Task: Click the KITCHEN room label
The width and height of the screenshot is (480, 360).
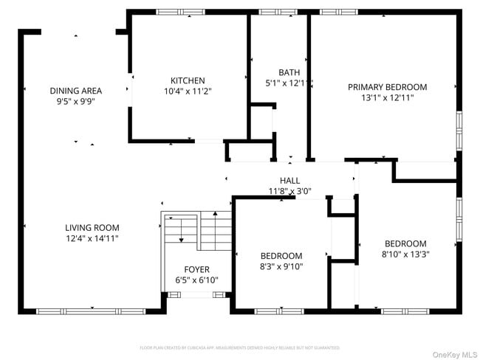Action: [x=188, y=80]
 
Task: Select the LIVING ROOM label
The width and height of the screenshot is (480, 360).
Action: [x=92, y=228]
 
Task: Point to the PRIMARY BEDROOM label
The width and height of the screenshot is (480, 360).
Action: [x=387, y=86]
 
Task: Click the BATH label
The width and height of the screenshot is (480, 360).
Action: [x=289, y=72]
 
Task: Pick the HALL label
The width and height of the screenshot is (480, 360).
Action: [x=289, y=181]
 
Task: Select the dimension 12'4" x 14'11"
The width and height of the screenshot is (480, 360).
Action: [x=92, y=238]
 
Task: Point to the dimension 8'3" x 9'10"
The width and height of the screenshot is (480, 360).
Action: [x=281, y=266]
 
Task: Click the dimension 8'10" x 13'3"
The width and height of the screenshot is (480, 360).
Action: [x=405, y=255]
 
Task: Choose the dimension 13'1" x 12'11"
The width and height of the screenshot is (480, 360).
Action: [x=387, y=97]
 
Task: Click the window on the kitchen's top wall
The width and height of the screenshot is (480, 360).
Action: [x=181, y=13]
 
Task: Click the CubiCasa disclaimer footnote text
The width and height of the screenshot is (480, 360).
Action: [x=239, y=347]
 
